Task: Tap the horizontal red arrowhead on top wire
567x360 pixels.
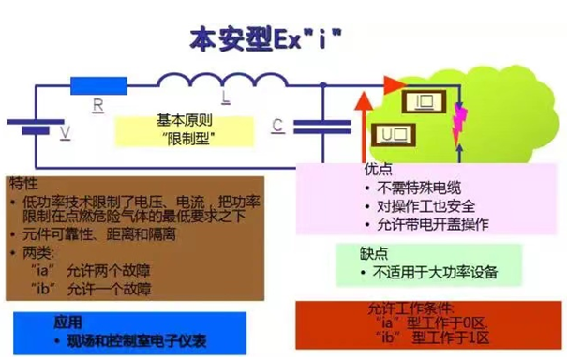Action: tap(387, 83)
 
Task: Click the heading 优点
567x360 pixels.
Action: tap(377, 169)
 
